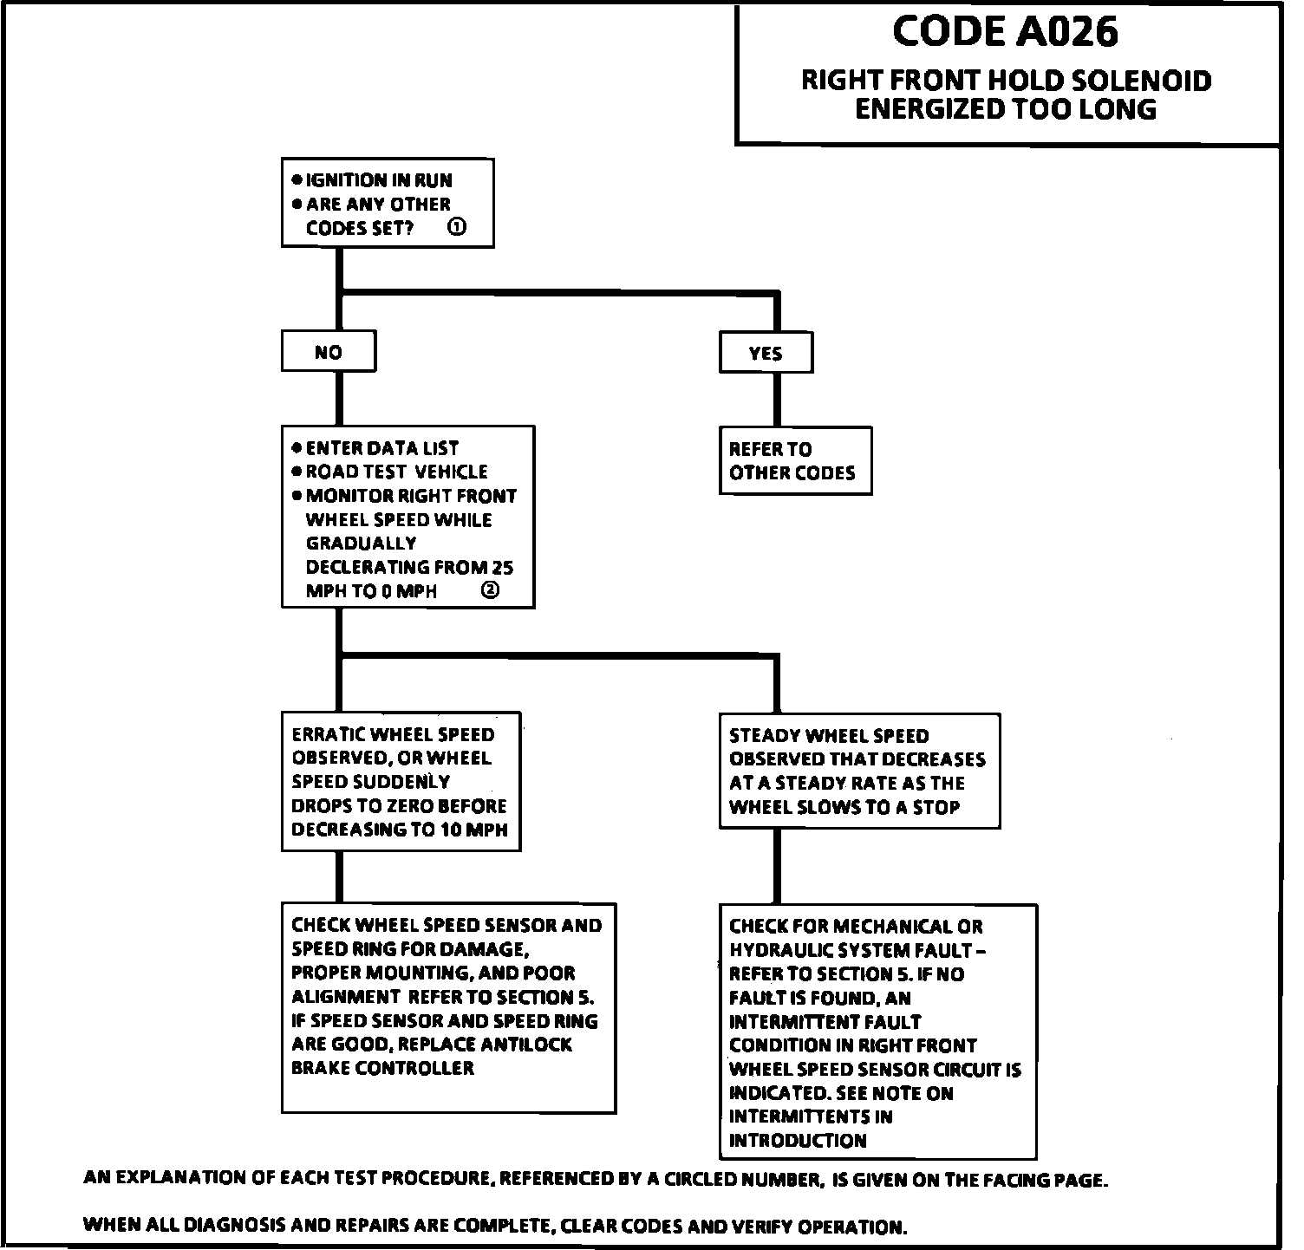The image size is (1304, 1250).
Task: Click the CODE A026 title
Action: coord(1005,32)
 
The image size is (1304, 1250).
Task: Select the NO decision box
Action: coord(329,353)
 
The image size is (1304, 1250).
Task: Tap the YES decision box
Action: coord(766,354)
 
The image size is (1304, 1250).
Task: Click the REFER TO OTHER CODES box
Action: coord(794,460)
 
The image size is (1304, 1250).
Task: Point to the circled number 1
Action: coord(457,227)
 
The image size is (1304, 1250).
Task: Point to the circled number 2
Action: coord(490,590)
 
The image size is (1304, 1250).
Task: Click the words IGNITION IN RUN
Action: coord(379,180)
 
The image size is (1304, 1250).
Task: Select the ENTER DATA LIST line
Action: coord(381,448)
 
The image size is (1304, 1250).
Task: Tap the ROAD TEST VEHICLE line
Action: coord(396,472)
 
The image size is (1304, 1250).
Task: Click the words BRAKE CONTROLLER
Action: coord(382,1068)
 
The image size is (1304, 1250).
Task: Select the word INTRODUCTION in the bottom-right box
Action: coord(798,1141)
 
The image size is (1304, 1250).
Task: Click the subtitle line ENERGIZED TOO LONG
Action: coord(1005,109)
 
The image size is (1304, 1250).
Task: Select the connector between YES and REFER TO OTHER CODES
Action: coord(777,400)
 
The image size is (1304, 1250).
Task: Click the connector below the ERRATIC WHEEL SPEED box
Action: coord(339,877)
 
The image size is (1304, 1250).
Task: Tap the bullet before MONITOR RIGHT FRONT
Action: coord(297,496)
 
